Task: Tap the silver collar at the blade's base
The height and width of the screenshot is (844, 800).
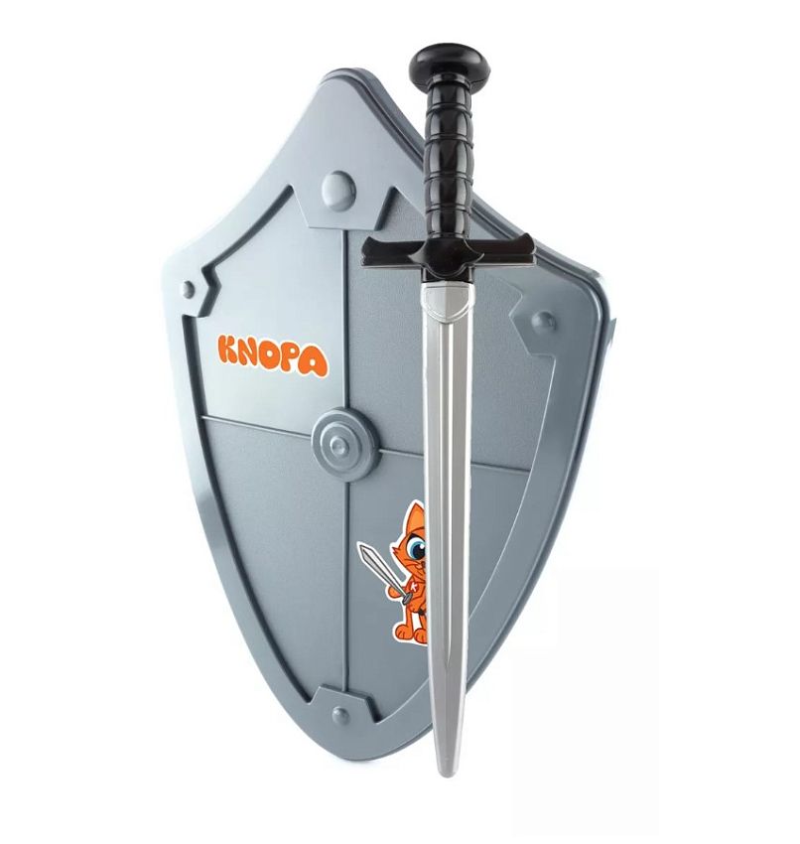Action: pos(448,302)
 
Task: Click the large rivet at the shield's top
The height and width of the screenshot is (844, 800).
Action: pos(337,190)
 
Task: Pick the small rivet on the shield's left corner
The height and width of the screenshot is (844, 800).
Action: pos(188,289)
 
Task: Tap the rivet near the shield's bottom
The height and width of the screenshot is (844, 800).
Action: pos(340,715)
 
